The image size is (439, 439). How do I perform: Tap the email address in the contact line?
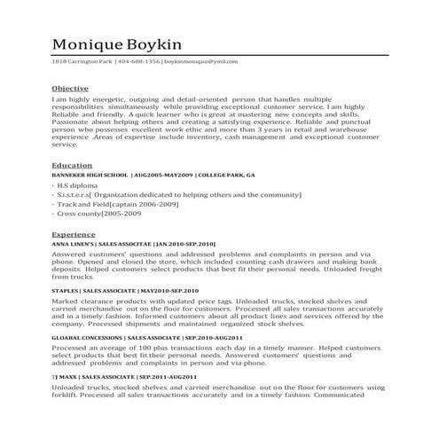[x=207, y=62]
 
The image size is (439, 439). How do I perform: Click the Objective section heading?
[x=70, y=90]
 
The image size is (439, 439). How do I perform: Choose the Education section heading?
[x=72, y=166]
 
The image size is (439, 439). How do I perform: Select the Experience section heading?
[x=74, y=234]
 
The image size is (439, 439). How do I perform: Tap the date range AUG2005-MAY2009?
[x=164, y=176]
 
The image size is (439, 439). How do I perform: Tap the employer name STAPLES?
[x=65, y=291]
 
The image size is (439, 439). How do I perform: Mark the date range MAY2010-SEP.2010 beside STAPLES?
[x=169, y=291]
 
